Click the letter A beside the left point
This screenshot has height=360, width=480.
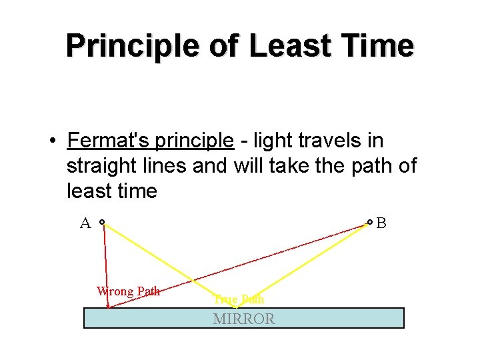coord(85,223)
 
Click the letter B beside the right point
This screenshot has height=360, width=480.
coord(381,223)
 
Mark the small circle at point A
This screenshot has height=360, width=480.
coord(102,222)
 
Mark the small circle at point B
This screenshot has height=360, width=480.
coord(370,222)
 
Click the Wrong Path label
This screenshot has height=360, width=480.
coord(129,291)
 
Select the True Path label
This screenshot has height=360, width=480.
coord(239,299)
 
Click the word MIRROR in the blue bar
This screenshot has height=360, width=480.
coord(243,319)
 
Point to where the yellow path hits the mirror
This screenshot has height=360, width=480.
coord(235,307)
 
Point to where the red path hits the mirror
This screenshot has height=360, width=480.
coord(109,307)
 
